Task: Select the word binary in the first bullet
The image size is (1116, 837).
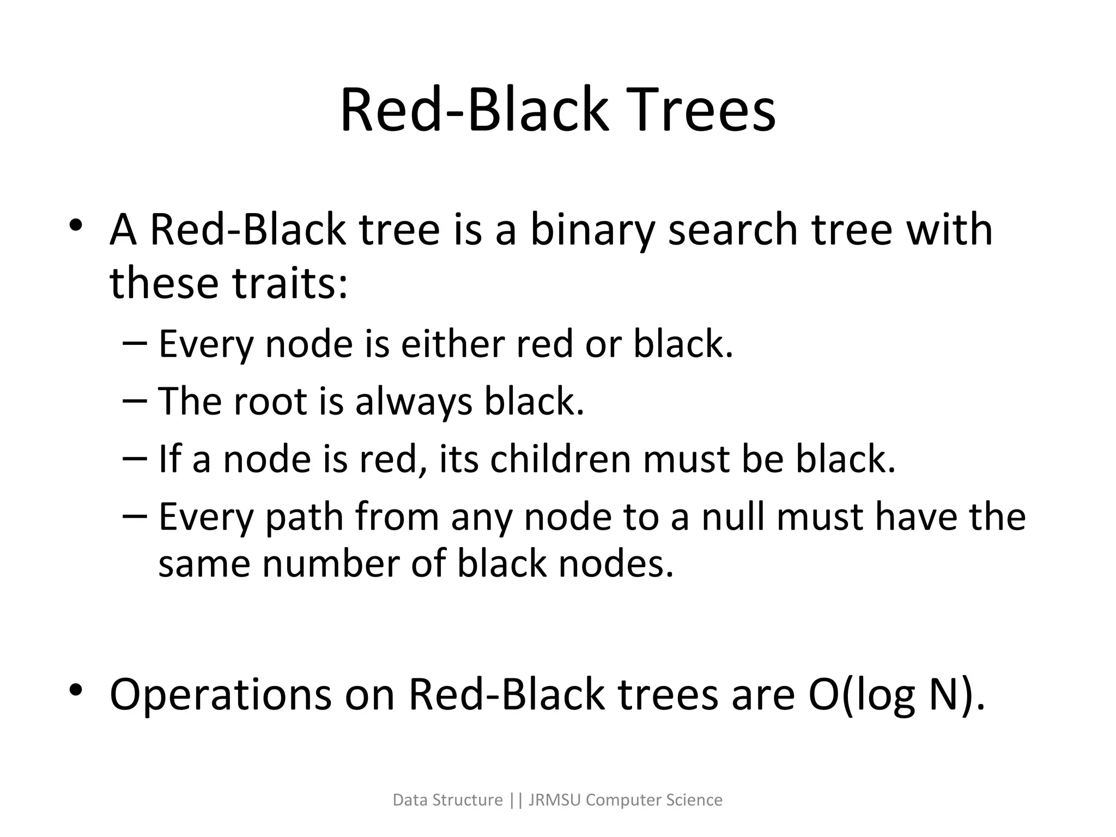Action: point(592,231)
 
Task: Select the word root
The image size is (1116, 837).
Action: point(271,402)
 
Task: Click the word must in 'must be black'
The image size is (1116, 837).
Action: point(686,459)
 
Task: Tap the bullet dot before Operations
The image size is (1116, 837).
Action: point(76,690)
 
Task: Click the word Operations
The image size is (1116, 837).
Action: point(220,695)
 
